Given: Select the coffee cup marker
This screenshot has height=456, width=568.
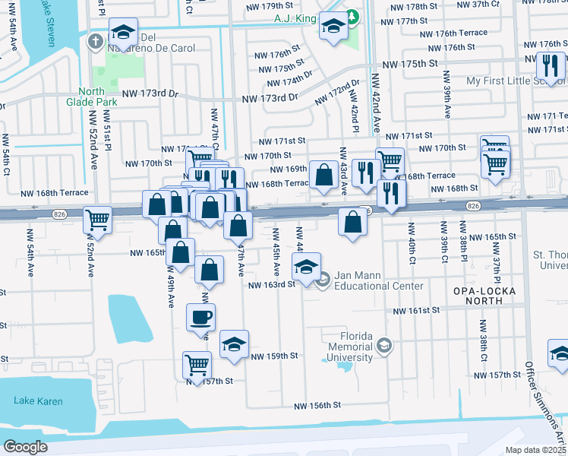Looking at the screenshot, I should pyautogui.click(x=201, y=318).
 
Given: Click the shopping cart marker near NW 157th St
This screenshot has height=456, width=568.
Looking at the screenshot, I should pyautogui.click(x=197, y=364).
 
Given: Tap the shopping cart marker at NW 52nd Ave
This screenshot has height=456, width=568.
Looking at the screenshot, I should pyautogui.click(x=98, y=220).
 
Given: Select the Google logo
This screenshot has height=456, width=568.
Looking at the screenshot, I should pyautogui.click(x=25, y=447).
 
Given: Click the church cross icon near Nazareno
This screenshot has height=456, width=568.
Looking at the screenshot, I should pyautogui.click(x=94, y=40).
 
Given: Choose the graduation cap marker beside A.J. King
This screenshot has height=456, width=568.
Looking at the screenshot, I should pyautogui.click(x=332, y=26).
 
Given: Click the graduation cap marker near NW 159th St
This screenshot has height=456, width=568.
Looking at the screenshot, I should pyautogui.click(x=235, y=344).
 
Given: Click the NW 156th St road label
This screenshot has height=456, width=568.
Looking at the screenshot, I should pyautogui.click(x=326, y=405).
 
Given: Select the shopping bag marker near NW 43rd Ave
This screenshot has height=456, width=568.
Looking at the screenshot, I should pyautogui.click(x=323, y=174).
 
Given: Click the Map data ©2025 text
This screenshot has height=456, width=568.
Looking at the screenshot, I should pyautogui.click(x=535, y=450).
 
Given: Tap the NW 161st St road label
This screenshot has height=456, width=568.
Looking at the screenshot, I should pyautogui.click(x=416, y=311).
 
